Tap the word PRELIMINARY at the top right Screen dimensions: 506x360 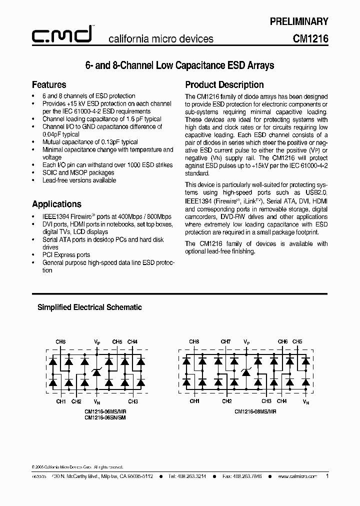(x=299, y=21)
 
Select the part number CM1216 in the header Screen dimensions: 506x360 (x=310, y=38)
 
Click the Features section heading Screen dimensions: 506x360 (x=49, y=84)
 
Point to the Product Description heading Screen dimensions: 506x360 (x=224, y=84)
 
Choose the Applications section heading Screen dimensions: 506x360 (x=56, y=204)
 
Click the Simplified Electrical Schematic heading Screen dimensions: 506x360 (x=89, y=307)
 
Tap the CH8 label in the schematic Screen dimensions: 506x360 (x=193, y=342)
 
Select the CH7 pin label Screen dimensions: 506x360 (x=225, y=342)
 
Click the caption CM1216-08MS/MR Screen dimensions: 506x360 (x=255, y=411)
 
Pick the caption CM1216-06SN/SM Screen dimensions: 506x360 (x=105, y=417)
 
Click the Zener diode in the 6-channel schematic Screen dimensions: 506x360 (x=97, y=371)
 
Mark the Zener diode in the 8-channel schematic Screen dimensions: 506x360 (x=245, y=371)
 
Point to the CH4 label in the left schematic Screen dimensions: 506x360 (x=132, y=342)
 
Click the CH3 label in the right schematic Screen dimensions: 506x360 (x=266, y=401)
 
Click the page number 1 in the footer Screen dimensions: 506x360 (x=327, y=476)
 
